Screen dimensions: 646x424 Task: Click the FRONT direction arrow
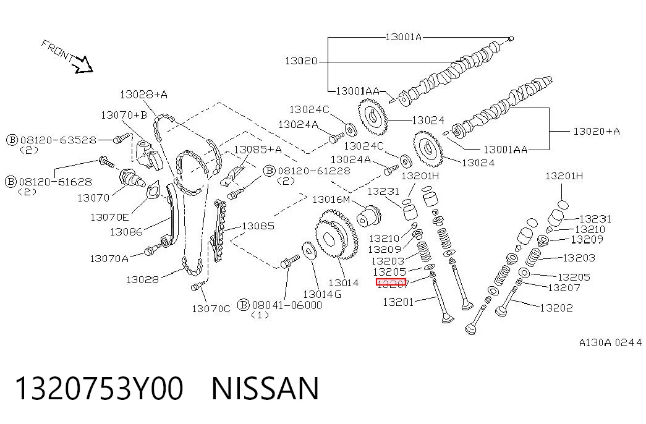click(x=83, y=64)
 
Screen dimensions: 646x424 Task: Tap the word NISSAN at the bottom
click(x=265, y=388)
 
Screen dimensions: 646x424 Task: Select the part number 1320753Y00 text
click(x=99, y=388)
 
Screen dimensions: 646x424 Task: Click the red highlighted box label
click(x=391, y=282)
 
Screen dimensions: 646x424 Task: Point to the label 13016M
click(x=331, y=200)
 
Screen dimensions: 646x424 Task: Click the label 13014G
click(x=322, y=294)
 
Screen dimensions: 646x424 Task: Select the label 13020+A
click(x=597, y=131)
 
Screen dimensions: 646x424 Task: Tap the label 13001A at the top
click(x=403, y=36)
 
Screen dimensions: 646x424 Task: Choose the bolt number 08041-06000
click(x=287, y=305)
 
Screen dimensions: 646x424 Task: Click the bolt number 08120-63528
click(x=58, y=140)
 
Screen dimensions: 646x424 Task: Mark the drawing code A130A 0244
click(x=611, y=342)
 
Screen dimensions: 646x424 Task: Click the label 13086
click(x=126, y=232)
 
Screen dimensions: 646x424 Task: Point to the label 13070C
click(x=211, y=308)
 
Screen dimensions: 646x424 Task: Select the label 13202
click(x=556, y=307)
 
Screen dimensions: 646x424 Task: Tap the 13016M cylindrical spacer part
click(x=368, y=216)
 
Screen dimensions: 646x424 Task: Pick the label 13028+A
click(x=144, y=95)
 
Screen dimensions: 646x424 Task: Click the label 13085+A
click(x=258, y=149)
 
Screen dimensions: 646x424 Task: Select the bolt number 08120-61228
click(x=314, y=171)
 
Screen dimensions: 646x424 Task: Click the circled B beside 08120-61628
click(x=11, y=181)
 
